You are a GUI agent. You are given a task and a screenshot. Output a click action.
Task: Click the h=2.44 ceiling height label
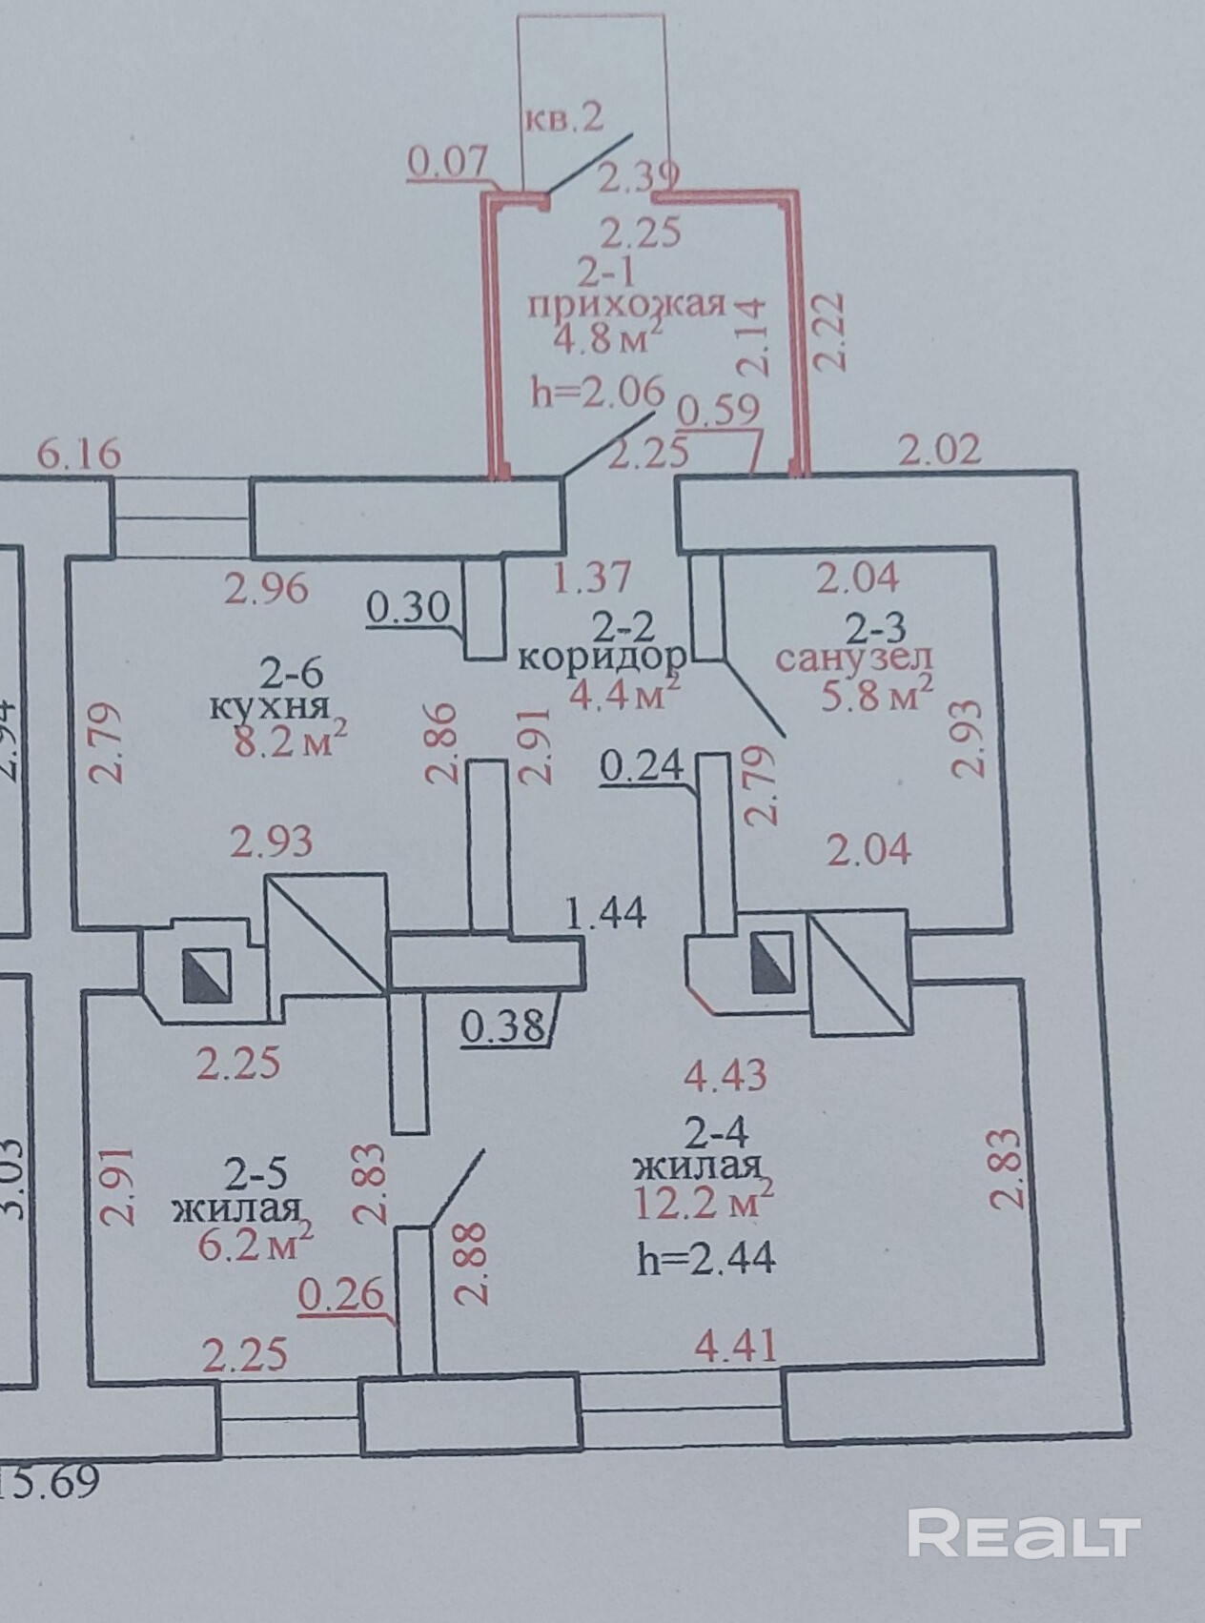pos(706,1260)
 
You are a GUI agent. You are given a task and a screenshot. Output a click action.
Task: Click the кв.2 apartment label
pos(562,118)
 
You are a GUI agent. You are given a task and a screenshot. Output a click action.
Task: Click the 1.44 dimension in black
pos(605,915)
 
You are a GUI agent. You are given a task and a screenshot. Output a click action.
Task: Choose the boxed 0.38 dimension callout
pos(502,1027)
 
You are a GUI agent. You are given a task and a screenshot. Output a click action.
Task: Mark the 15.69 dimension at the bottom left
pos(52,1484)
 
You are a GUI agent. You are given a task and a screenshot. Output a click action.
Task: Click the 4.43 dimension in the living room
pos(725,1076)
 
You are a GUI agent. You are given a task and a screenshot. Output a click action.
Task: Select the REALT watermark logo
pos(1024,1533)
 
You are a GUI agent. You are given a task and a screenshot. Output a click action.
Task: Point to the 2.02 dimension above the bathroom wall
pos(940,449)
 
